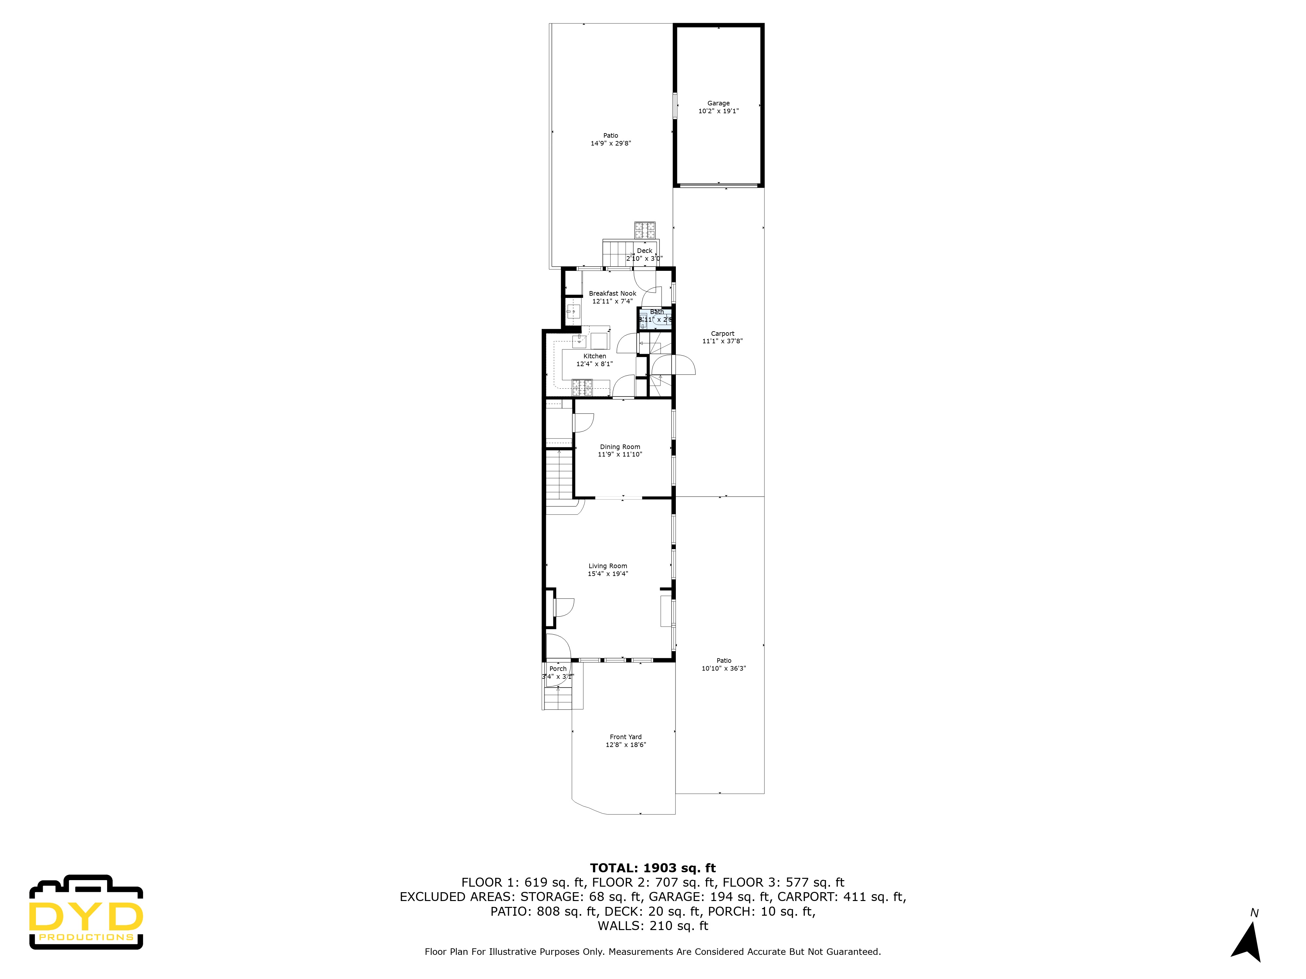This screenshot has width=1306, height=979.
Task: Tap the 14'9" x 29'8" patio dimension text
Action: tap(611, 143)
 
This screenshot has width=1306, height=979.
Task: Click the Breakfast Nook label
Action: tap(612, 293)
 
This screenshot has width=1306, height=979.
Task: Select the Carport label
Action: tap(722, 334)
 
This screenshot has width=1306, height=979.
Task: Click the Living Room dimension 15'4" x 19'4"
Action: tap(608, 574)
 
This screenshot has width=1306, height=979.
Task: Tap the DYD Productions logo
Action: tap(86, 913)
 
